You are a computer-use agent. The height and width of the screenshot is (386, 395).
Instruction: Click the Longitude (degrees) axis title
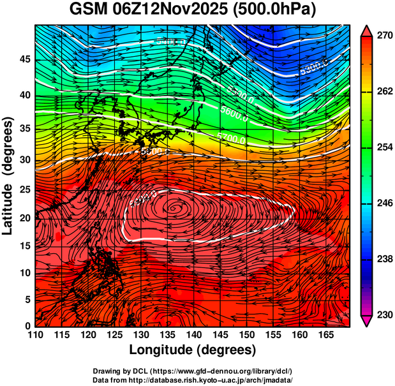[193, 350]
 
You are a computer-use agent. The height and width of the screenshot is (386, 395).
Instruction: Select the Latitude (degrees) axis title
[8, 175]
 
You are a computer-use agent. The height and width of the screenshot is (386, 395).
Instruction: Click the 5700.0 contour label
[232, 137]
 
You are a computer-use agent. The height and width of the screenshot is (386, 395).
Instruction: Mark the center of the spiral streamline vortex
[175, 207]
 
